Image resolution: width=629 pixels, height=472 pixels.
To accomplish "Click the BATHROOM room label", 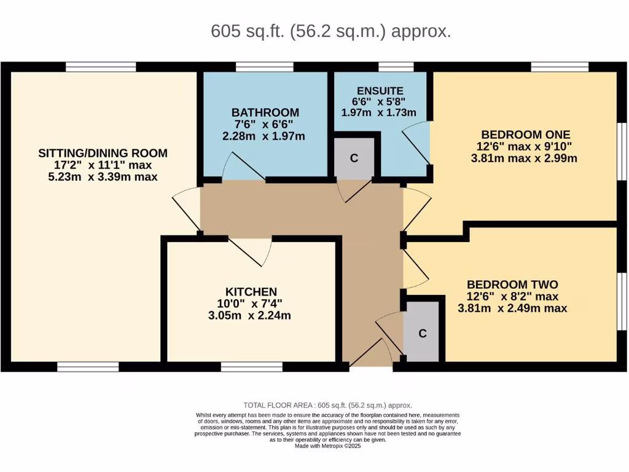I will pyautogui.click(x=265, y=112).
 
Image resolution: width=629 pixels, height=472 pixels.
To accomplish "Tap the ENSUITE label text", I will pyautogui.click(x=380, y=91).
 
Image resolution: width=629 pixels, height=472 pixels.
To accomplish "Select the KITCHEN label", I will pyautogui.click(x=251, y=292).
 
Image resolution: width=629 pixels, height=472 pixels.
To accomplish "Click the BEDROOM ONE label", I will pyautogui.click(x=525, y=135).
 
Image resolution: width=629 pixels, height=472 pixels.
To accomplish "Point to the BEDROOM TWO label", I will pyautogui.click(x=512, y=285).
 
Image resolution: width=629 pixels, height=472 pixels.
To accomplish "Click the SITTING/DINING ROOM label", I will pyautogui.click(x=103, y=153).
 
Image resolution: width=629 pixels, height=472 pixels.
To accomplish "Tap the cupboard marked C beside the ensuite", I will pyautogui.click(x=354, y=158).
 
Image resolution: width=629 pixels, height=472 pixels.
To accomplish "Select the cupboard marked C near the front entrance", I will pyautogui.click(x=423, y=334).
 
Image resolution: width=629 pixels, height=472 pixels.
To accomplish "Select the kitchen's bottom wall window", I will pyautogui.click(x=252, y=367).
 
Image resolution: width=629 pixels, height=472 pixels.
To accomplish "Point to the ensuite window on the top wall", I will pyautogui.click(x=396, y=67).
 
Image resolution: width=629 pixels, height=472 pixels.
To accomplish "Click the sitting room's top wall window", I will pyautogui.click(x=101, y=67).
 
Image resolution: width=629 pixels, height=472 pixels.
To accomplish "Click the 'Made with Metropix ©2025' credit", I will pyautogui.click(x=327, y=446).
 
